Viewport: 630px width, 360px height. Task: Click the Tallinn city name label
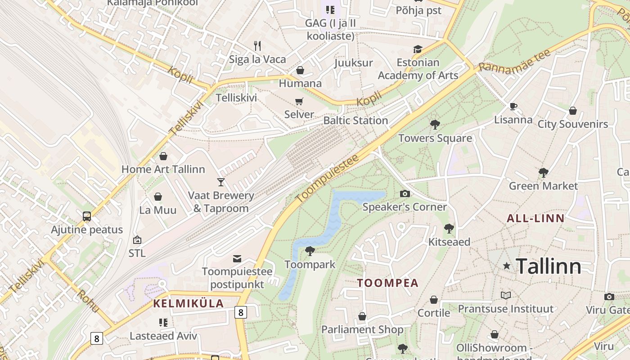coord(548,266)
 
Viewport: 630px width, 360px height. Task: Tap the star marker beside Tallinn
coord(507,266)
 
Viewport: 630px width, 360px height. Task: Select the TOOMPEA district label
coord(387,283)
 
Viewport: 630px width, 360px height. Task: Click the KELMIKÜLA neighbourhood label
coord(189,303)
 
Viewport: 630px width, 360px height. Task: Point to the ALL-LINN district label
coord(535,219)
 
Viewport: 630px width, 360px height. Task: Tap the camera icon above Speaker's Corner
coord(405,193)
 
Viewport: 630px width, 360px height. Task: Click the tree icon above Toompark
coord(310,251)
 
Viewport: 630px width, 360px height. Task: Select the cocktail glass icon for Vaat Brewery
coord(220,182)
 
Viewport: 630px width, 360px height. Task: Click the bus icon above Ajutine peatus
coord(87,216)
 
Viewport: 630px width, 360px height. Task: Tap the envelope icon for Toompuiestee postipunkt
coord(237,258)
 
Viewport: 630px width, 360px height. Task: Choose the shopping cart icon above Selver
coord(299,101)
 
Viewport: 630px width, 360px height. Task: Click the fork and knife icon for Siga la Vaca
coord(257,45)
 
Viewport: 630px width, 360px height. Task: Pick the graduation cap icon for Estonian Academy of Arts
coord(418,49)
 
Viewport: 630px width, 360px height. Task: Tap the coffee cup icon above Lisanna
coord(513,107)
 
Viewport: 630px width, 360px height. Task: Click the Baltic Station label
coord(355,121)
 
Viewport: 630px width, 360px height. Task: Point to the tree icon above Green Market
coord(543,172)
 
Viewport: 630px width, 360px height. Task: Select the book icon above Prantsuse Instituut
coord(506,295)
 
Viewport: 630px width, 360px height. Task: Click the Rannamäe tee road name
coord(514,61)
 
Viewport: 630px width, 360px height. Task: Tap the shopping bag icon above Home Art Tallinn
coord(163,156)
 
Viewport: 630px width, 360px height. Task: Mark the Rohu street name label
coord(88,301)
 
